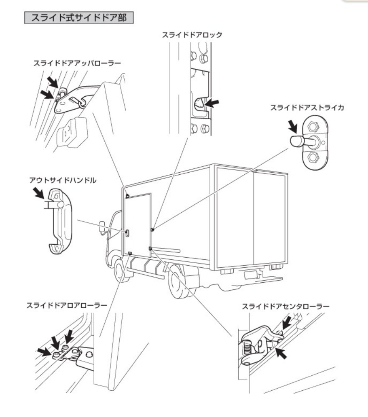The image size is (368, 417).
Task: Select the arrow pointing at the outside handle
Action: (x=40, y=193)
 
